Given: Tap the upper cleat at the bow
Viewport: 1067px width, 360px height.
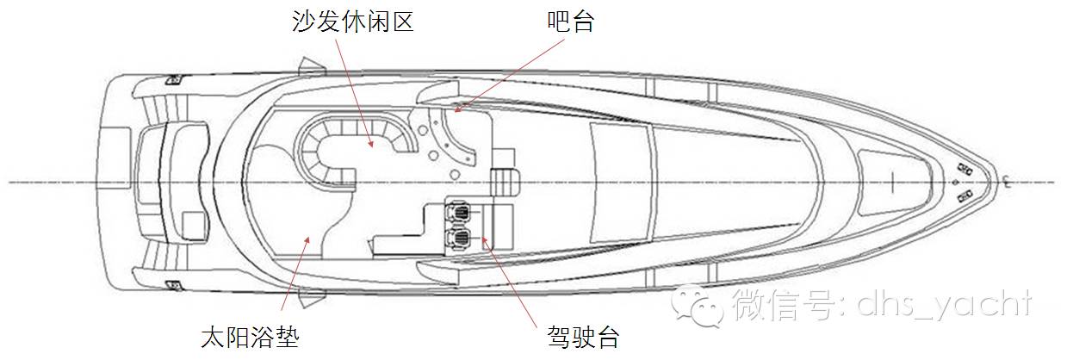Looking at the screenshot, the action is [965, 169].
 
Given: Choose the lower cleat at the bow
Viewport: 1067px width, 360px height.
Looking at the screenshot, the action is [965, 196].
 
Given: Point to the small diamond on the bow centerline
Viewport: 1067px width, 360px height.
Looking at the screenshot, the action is [953, 183].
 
